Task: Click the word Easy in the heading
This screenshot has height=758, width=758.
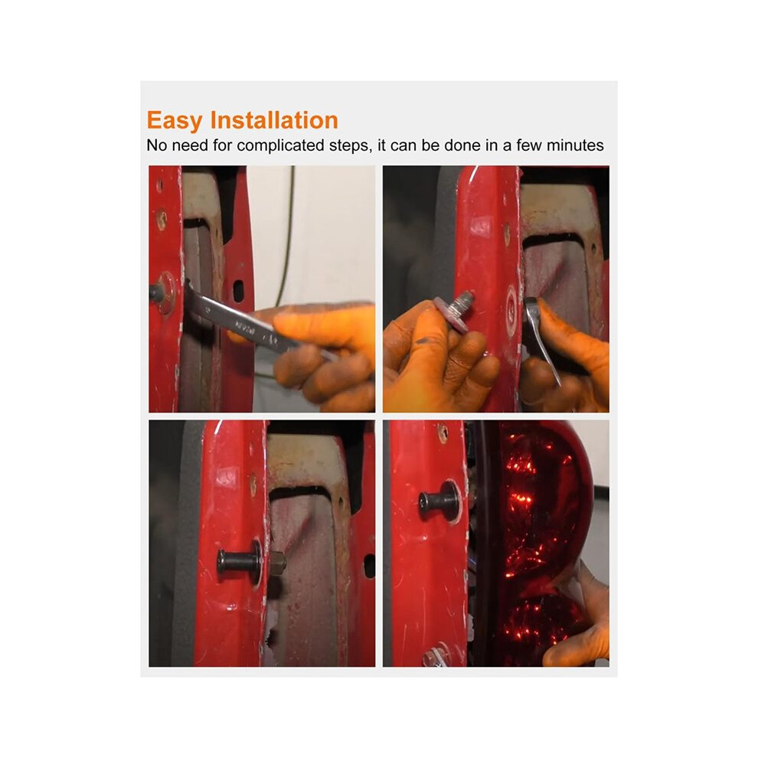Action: pos(174,121)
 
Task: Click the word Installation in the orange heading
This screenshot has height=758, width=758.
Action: pos(274,120)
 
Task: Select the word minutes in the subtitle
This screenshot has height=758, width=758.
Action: pos(575,145)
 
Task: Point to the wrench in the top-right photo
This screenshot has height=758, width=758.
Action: pos(542,339)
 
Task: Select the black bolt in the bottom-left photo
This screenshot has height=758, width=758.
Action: pos(238,560)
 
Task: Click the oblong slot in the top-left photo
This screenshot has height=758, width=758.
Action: pos(238,292)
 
